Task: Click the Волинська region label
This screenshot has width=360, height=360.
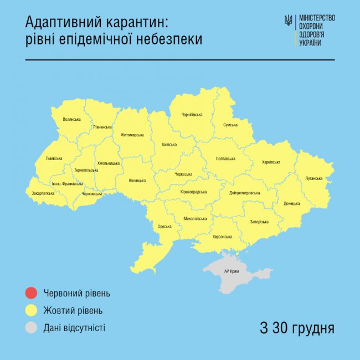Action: coord(72,119)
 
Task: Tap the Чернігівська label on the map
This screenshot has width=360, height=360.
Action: coord(192,115)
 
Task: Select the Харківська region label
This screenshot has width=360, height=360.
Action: coord(271,162)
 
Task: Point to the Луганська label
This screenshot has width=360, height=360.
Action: coord(313,178)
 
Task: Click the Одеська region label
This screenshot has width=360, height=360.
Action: coord(164,226)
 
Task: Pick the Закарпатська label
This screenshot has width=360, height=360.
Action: coord(40,193)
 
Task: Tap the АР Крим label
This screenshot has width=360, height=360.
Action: coord(232,271)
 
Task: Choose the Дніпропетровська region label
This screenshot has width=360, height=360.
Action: coord(244,193)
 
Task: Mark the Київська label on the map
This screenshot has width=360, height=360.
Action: coord(169,145)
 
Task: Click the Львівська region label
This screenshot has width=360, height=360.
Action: coord(54,158)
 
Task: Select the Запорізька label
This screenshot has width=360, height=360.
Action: coord(259,222)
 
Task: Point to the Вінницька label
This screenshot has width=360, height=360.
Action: coord(137,181)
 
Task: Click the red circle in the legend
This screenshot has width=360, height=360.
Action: coord(32,293)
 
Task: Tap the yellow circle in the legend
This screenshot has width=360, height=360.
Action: coord(32,310)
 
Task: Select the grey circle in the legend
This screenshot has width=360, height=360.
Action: coord(32,328)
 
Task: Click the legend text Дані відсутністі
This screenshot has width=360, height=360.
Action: coord(74,328)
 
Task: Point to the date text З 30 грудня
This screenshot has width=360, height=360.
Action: coord(297,327)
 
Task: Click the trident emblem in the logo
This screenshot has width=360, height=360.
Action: coord(288,21)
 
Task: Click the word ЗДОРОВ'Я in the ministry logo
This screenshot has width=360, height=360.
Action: coord(311,34)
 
